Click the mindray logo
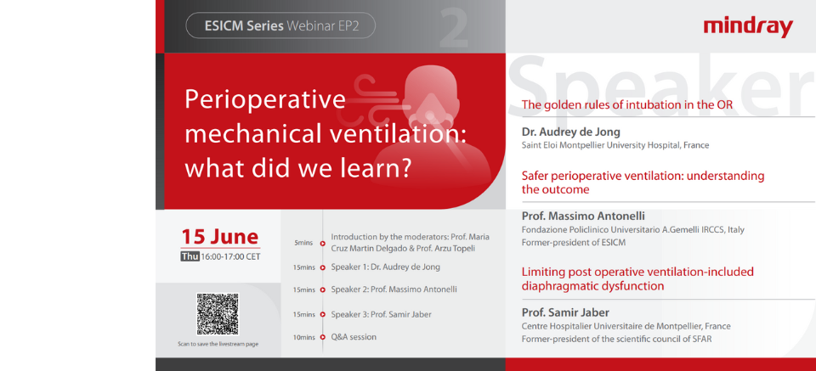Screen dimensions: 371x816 (747, 26)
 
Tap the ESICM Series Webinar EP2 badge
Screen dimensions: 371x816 (280, 26)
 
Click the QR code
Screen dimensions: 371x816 (218, 314)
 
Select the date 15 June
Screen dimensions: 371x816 (219, 236)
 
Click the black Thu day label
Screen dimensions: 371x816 (190, 256)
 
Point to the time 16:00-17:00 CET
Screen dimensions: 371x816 (230, 256)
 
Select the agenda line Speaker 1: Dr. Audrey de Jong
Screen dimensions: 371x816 (386, 267)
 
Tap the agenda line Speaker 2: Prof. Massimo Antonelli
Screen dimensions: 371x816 (394, 289)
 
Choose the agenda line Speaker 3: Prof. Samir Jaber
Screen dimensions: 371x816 (381, 314)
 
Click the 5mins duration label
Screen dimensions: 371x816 (303, 243)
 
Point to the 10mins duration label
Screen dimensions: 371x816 (303, 338)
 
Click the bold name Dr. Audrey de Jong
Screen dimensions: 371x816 (570, 132)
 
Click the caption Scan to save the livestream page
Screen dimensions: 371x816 (218, 344)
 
